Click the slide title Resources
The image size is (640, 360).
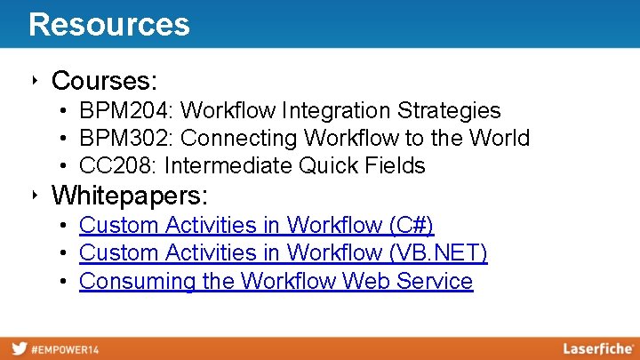tap(108, 24)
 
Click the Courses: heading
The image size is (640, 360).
tap(104, 81)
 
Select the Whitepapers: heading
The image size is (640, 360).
tap(129, 194)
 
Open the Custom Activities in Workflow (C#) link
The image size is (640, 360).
tap(256, 226)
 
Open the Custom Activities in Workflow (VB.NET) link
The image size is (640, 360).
tap(283, 253)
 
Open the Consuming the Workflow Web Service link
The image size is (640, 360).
tap(276, 282)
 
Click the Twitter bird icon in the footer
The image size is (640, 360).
tap(18, 348)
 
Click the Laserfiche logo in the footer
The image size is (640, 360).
tap(597, 348)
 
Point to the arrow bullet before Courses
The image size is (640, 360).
tap(33, 81)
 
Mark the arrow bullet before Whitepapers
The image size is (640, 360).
tap(33, 194)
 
